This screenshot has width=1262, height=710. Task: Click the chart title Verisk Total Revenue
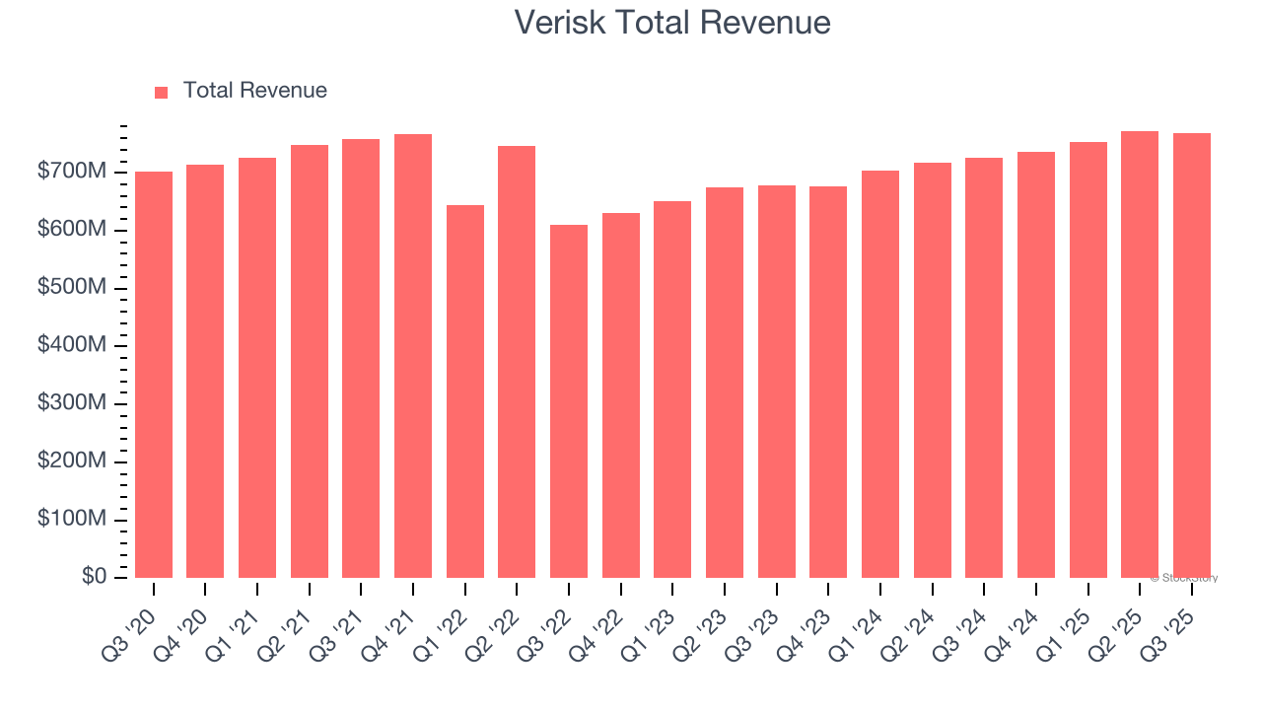click(x=672, y=23)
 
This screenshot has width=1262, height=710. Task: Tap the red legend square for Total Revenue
click(x=162, y=93)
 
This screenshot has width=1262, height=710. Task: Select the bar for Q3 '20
click(x=154, y=375)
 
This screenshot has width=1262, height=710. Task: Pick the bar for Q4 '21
click(x=413, y=356)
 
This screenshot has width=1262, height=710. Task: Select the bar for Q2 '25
click(x=1140, y=354)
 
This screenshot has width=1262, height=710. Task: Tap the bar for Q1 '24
click(x=880, y=374)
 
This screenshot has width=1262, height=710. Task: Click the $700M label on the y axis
click(x=72, y=172)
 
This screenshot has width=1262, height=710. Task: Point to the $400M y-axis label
click(x=72, y=345)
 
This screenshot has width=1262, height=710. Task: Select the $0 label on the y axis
click(x=95, y=577)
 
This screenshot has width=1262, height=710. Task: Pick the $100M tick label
click(x=72, y=519)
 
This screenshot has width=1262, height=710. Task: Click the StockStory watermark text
click(x=1184, y=578)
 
